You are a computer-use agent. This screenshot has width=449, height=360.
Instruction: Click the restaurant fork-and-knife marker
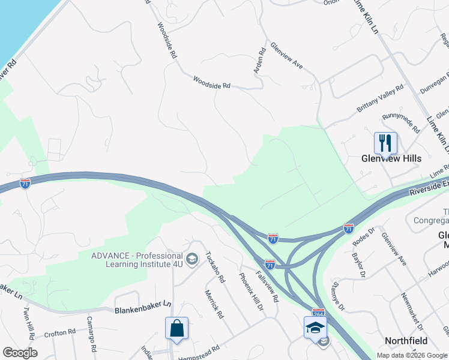(x=385, y=143)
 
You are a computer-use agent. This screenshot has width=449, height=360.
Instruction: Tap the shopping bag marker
(x=176, y=328)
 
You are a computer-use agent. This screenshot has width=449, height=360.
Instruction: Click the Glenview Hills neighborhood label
(x=391, y=158)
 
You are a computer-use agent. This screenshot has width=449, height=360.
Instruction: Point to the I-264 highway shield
(x=319, y=313)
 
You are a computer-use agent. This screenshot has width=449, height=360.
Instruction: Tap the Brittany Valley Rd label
(x=380, y=98)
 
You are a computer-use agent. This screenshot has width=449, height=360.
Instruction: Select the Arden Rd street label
(x=259, y=62)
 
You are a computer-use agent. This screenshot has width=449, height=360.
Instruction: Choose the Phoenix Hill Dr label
(x=251, y=291)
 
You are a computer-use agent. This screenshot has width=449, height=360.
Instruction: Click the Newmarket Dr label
(x=411, y=311)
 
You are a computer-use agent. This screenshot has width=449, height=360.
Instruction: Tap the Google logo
(x=20, y=352)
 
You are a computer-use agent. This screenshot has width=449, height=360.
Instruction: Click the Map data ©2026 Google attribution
(x=411, y=355)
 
